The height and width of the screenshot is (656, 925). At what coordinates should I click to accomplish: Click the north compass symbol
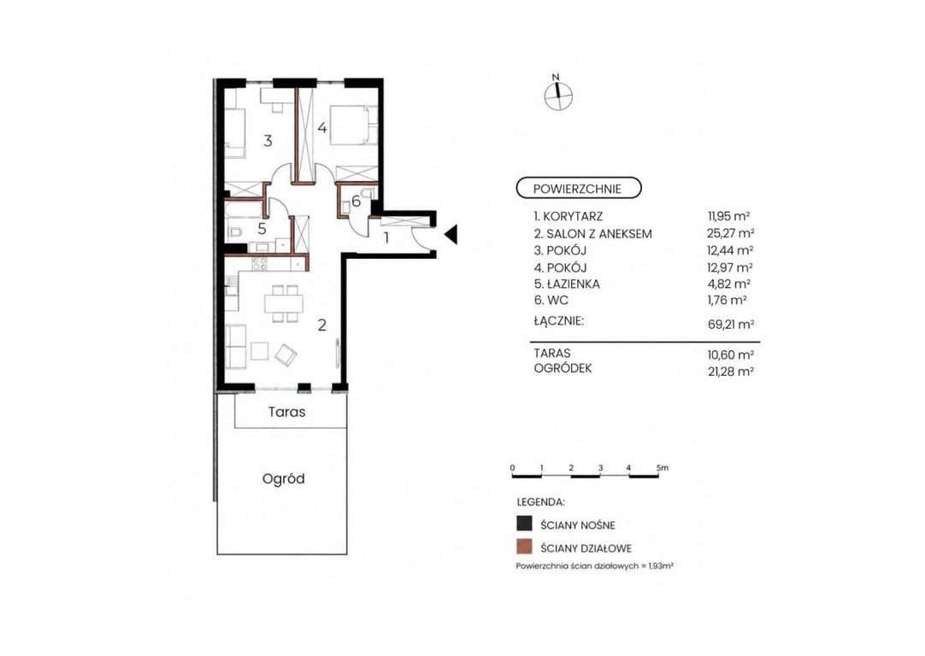[x=557, y=95]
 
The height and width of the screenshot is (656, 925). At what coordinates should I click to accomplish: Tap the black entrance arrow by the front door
[x=451, y=235]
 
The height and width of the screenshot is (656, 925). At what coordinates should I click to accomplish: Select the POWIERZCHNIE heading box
[x=578, y=189]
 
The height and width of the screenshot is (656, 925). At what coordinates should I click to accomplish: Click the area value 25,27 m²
[x=730, y=233]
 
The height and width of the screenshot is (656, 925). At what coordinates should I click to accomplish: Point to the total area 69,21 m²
[x=731, y=324]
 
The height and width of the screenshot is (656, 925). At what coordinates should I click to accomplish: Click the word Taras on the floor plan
[x=286, y=412]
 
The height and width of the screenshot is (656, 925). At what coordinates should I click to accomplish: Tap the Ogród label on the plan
[x=283, y=478]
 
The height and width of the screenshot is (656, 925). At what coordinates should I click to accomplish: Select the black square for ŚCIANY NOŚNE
[x=523, y=524]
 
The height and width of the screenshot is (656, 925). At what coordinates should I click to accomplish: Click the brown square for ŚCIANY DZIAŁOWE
[x=523, y=548]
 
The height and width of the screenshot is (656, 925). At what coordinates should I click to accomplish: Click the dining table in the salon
[x=284, y=304]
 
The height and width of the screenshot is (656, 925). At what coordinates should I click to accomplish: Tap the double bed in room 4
[x=352, y=125]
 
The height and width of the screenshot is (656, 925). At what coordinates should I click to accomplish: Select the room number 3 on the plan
[x=268, y=141]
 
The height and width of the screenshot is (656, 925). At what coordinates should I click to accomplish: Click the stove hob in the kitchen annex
[x=260, y=263]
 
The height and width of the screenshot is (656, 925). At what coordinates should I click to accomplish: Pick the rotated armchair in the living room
[x=286, y=354]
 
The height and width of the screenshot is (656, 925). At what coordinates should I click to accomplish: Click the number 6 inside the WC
[x=356, y=201]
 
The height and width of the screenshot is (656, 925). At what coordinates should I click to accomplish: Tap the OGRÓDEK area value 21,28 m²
[x=730, y=371]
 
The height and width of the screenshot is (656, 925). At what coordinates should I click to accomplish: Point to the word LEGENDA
[x=540, y=503]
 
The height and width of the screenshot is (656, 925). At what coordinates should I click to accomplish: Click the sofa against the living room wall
[x=236, y=346]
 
